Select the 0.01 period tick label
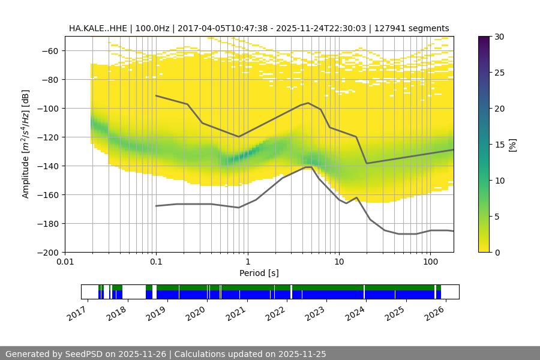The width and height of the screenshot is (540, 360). (x=65, y=262)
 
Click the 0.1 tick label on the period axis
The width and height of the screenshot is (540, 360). (x=156, y=262)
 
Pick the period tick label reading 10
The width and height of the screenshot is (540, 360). (x=339, y=262)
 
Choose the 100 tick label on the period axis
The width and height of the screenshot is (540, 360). (x=430, y=262)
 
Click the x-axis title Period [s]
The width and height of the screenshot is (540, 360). (x=259, y=274)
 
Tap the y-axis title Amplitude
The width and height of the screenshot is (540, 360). (x=25, y=144)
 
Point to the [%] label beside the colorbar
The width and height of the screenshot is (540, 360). (x=512, y=145)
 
